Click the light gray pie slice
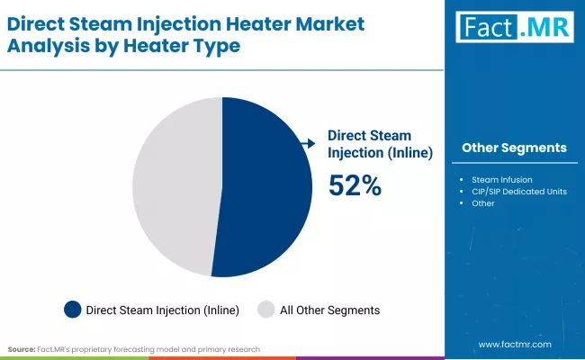[175, 184]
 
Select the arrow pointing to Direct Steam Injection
[308, 143]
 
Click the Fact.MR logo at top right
[514, 28]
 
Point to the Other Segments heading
[514, 148]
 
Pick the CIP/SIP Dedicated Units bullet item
[518, 191]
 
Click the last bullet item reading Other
[483, 203]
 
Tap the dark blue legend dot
[73, 310]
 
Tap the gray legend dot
[266, 310]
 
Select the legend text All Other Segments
[329, 310]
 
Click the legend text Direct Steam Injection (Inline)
[162, 310]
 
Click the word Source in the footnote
[22, 348]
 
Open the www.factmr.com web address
[514, 345]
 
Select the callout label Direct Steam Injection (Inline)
[380, 143]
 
